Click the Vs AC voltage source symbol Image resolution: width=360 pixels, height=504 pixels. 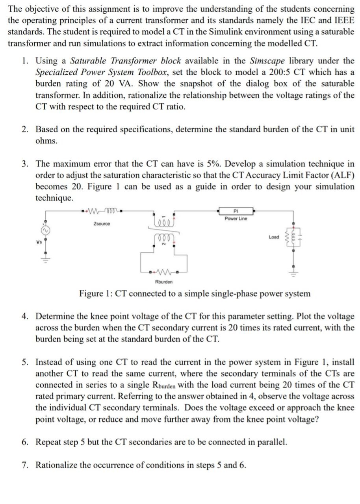click(45, 229)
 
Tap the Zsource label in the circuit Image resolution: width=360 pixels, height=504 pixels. click(102, 224)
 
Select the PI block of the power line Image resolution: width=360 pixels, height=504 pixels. click(236, 211)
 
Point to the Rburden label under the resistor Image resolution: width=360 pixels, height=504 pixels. click(163, 282)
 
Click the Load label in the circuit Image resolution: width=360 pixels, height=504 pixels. click(274, 237)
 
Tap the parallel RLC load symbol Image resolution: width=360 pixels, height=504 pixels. click(293, 237)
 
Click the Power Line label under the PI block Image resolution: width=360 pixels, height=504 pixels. click(236, 219)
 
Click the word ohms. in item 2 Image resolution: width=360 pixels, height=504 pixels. click(46, 141)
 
